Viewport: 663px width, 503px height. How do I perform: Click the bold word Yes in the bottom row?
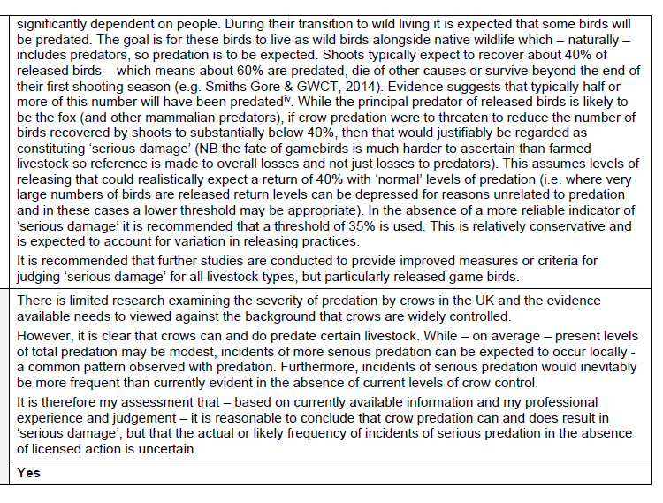click(x=28, y=473)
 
